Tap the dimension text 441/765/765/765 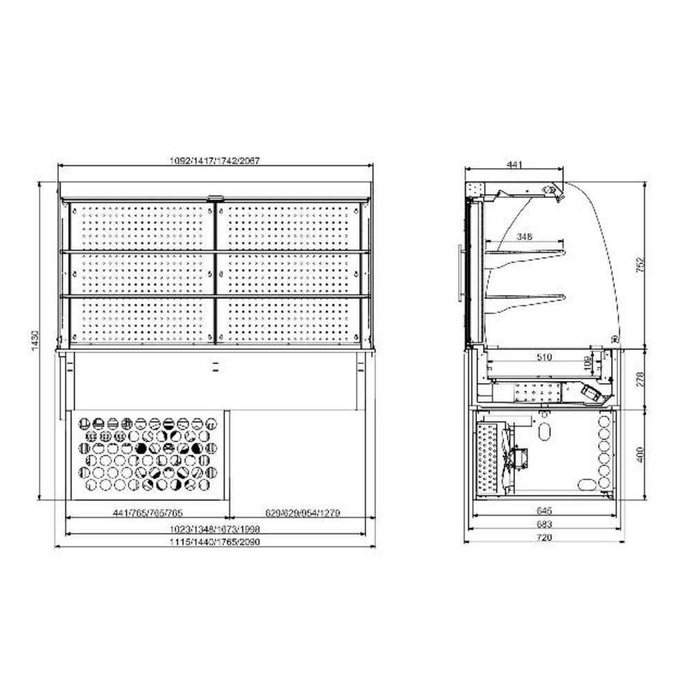[148, 513]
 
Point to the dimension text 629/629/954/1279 [304, 513]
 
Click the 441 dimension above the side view [514, 165]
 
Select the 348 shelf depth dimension [525, 237]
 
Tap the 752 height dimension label [641, 264]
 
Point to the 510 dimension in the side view [543, 357]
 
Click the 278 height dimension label [641, 379]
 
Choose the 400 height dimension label [641, 455]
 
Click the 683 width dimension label [543, 524]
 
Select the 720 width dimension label [543, 538]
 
